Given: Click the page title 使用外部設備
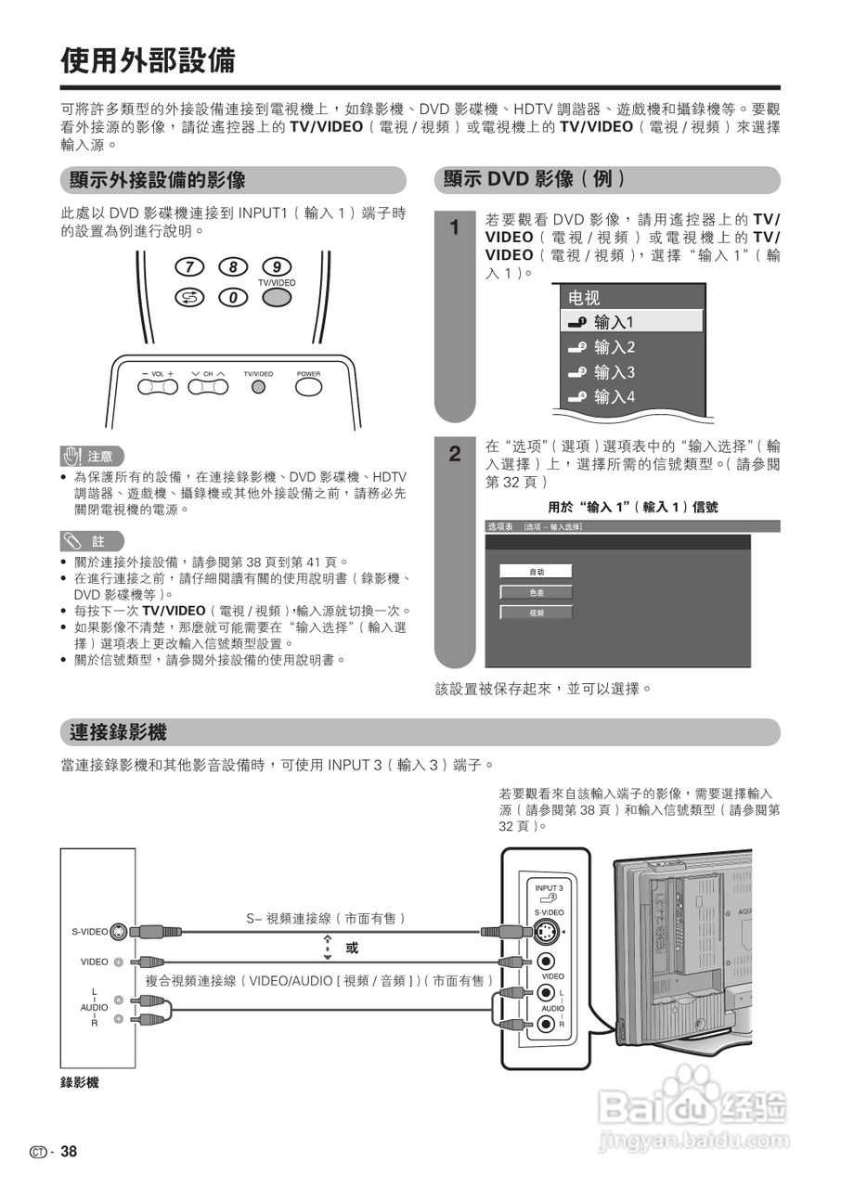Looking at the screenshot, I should (x=148, y=61).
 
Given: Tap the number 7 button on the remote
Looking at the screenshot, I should (x=189, y=267).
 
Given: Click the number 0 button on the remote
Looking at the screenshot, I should (x=233, y=297).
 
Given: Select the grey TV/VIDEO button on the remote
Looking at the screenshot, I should (x=277, y=297).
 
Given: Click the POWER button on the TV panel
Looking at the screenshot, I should (x=308, y=387).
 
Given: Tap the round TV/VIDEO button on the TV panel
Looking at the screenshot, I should (x=259, y=387).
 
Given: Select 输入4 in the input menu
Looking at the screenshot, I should (x=614, y=397).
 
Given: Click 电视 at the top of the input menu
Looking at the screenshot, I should (x=585, y=298).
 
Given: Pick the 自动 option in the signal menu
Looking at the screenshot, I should (x=537, y=572).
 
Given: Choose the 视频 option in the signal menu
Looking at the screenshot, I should (x=537, y=613).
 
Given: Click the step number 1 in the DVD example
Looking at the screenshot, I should (x=454, y=227).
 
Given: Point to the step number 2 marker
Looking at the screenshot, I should (x=454, y=454).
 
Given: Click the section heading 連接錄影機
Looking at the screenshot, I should (x=118, y=732).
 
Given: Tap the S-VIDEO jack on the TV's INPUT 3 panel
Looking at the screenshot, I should (x=548, y=933).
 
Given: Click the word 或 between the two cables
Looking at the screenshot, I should (x=352, y=948).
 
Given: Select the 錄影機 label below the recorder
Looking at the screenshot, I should (x=80, y=1082).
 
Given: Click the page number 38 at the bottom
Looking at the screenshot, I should (x=69, y=1152).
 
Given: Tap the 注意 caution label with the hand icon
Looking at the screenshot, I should (x=91, y=456).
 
